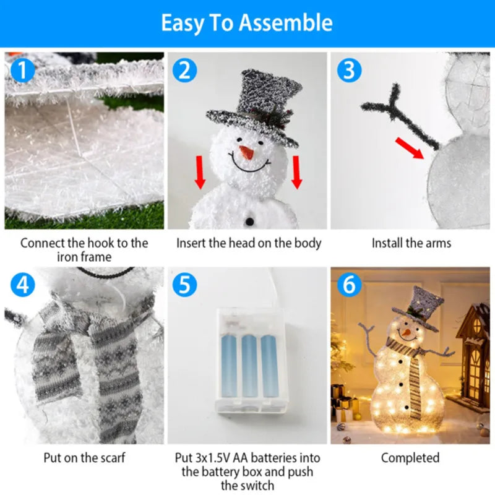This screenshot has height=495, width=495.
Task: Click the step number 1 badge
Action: [x=23, y=70]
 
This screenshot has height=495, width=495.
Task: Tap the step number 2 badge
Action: [x=184, y=70]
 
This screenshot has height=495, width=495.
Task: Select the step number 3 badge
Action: [x=349, y=70]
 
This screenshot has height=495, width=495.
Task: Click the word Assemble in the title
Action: [x=286, y=23]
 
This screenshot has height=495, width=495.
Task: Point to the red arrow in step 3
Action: [x=410, y=148]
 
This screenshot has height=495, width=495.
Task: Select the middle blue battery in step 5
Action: [x=249, y=365]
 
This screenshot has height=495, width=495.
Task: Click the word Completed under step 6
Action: [x=410, y=458]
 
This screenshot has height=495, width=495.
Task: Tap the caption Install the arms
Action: [x=411, y=243]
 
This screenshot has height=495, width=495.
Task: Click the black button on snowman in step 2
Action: [x=249, y=221]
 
